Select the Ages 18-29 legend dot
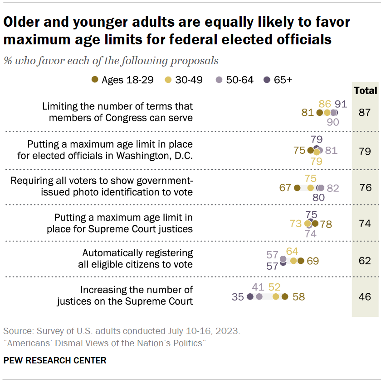pyautogui.click(x=94, y=80)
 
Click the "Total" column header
pyautogui.click(x=365, y=91)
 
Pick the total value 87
pyautogui.click(x=365, y=113)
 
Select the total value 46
pyautogui.click(x=365, y=297)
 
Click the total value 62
pyautogui.click(x=365, y=260)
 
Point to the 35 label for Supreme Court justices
pyautogui.click(x=238, y=297)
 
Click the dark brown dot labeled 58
pyautogui.click(x=284, y=297)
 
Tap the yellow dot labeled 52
pyautogui.click(x=275, y=297)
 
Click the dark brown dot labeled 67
pyautogui.click(x=297, y=188)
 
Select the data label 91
pyautogui.click(x=341, y=104)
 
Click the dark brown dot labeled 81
pyautogui.click(x=319, y=113)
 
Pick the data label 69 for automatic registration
pyautogui.click(x=313, y=261)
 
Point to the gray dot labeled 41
pyautogui.click(x=259, y=297)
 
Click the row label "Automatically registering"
pyautogui.click(x=137, y=253)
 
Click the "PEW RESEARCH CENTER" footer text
pyautogui.click(x=55, y=360)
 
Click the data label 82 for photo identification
pyautogui.click(x=333, y=188)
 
